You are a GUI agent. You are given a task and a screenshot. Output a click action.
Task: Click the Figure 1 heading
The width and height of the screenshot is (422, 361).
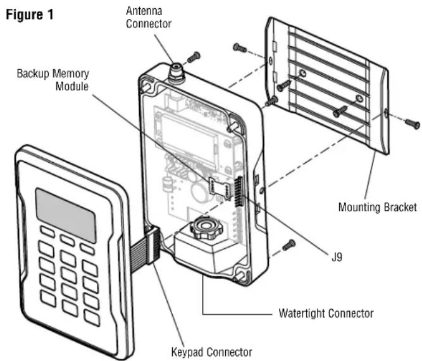click(30, 15)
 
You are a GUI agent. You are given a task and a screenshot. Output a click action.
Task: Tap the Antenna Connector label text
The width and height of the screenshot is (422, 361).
click(149, 17)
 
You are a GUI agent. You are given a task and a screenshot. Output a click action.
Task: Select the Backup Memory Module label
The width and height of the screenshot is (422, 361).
click(53, 80)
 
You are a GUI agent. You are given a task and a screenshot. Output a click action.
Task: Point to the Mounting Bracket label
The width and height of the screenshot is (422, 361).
click(377, 207)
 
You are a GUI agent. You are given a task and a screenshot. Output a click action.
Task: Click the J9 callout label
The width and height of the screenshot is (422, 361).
click(337, 257)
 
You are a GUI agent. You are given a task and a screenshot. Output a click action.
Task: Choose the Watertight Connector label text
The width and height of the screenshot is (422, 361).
click(326, 313)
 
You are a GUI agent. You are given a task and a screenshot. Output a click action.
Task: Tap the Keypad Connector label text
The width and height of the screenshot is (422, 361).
click(211, 352)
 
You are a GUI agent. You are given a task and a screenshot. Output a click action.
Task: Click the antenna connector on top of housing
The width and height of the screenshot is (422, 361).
click(177, 72)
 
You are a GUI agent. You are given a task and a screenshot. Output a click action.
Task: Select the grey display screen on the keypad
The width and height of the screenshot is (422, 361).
click(66, 215)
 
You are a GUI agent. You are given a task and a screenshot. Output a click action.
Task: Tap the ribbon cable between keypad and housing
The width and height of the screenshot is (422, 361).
click(146, 246)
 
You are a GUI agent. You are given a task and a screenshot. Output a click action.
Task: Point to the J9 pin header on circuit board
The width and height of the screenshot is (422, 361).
click(239, 191)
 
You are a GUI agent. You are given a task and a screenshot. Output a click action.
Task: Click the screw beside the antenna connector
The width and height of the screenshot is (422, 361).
click(194, 57)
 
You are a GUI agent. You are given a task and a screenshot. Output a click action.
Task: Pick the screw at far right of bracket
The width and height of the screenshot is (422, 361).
click(413, 123)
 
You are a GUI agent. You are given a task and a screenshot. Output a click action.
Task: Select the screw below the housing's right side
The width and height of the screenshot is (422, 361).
click(289, 245)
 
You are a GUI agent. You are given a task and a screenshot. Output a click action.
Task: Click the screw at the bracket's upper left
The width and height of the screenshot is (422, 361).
click(240, 48)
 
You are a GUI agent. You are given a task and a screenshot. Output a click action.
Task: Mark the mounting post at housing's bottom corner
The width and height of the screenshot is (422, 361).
click(240, 276)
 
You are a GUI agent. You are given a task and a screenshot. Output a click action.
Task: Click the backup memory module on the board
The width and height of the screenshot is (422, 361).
click(220, 189)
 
